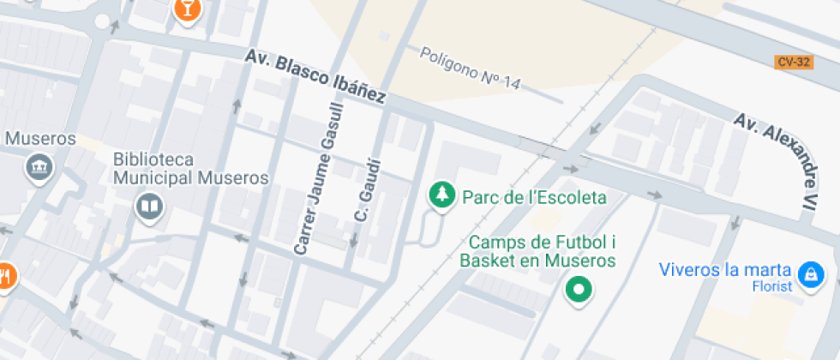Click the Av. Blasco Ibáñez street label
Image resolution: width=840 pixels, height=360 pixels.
315,76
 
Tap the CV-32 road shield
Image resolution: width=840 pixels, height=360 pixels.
793,62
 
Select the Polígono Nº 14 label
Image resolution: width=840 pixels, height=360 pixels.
470,67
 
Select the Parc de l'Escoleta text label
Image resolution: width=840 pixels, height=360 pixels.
534,198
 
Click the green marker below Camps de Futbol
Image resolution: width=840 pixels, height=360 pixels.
579,290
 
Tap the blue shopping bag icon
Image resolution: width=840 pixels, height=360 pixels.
808,275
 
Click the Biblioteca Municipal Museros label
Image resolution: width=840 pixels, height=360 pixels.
191,170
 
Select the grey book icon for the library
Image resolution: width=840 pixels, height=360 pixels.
149,206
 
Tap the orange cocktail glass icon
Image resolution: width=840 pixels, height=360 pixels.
186,9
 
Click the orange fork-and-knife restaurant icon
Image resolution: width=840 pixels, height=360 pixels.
5,277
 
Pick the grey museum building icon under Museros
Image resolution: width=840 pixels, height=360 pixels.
39,168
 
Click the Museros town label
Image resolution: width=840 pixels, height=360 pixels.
40,139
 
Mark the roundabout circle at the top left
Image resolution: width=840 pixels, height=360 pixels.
103,21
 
